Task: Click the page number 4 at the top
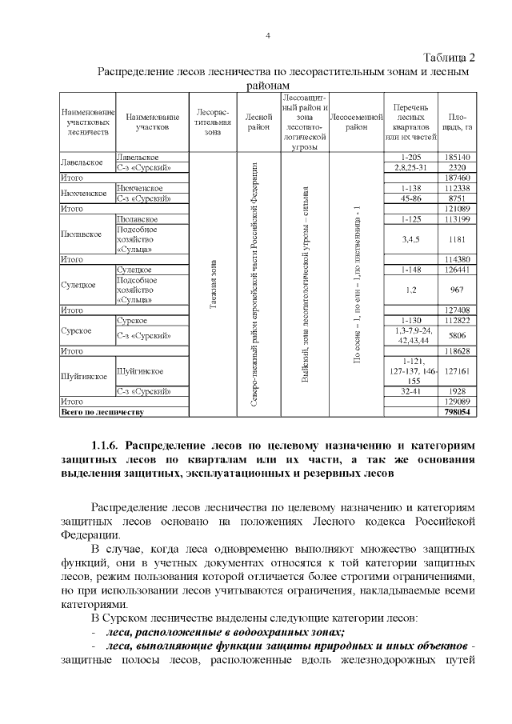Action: (x=268, y=35)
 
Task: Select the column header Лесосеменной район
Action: (x=358, y=122)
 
